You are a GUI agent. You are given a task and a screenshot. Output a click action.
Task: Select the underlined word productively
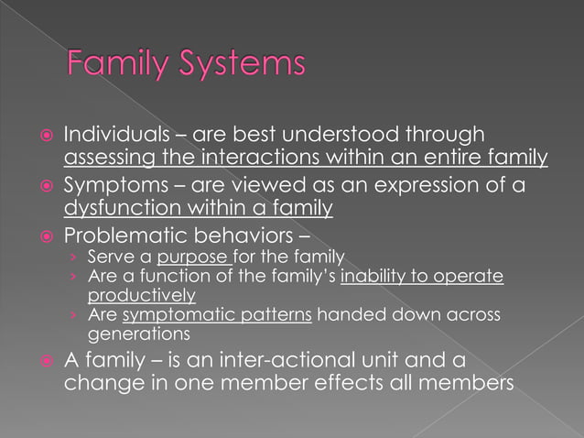142,295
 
